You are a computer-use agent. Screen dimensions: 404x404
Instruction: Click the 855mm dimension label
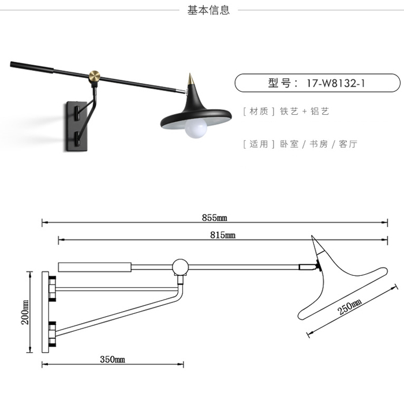pyautogui.click(x=214, y=218)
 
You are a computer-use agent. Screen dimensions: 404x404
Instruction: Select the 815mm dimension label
pyautogui.click(x=223, y=235)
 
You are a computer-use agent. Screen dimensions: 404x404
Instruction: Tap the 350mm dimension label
pyautogui.click(x=113, y=359)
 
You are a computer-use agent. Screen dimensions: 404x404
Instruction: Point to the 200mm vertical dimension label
pyautogui.click(x=25, y=312)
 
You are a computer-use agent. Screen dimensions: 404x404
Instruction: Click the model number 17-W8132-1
pyautogui.click(x=336, y=83)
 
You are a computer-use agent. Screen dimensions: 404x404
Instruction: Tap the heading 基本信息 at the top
pyautogui.click(x=208, y=10)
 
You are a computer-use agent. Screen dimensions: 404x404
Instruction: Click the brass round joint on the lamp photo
pyautogui.click(x=95, y=76)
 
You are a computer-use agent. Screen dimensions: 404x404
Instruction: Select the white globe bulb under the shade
pyautogui.click(x=196, y=128)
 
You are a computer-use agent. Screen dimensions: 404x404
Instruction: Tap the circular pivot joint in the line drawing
pyautogui.click(x=180, y=267)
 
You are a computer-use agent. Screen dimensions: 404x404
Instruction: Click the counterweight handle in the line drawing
pyautogui.click(x=95, y=267)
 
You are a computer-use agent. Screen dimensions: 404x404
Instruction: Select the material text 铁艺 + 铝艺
pyautogui.click(x=305, y=111)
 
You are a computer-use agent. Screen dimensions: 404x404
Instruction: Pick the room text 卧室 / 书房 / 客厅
pyautogui.click(x=319, y=144)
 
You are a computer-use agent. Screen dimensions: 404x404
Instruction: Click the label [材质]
pyautogui.click(x=259, y=111)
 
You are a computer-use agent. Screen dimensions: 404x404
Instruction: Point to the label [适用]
pyautogui.click(x=259, y=144)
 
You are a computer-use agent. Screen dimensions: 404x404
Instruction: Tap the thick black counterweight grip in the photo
pyautogui.click(x=32, y=67)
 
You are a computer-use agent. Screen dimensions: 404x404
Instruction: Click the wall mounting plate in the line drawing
pyautogui.click(x=46, y=312)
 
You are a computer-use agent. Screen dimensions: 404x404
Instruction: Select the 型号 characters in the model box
pyautogui.click(x=279, y=83)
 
